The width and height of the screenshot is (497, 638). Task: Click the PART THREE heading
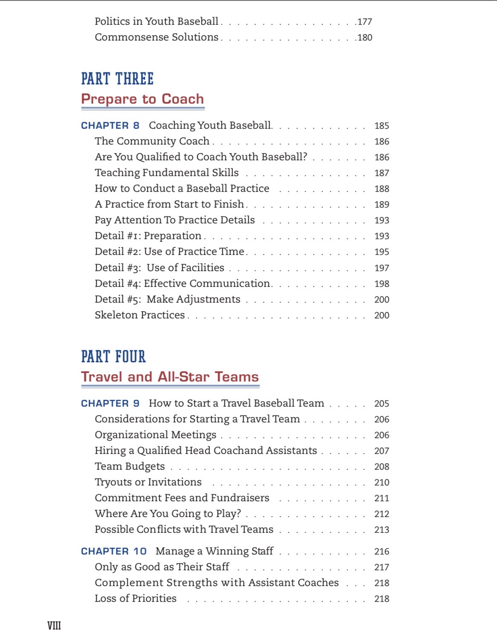click(117, 79)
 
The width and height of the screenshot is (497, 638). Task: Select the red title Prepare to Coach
click(142, 99)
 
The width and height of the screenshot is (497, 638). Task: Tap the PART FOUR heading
click(113, 357)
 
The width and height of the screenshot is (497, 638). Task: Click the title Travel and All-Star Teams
click(170, 377)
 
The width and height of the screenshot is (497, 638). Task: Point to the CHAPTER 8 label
click(110, 125)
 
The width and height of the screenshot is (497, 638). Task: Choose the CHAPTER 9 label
click(110, 403)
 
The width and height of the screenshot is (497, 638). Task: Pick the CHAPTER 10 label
click(114, 551)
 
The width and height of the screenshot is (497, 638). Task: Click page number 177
click(365, 22)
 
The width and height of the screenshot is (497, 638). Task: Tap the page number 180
click(365, 38)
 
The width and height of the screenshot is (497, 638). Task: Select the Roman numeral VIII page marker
click(54, 626)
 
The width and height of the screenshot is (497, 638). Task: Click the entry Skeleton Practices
click(140, 315)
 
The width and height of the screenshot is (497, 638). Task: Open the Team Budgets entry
click(129, 466)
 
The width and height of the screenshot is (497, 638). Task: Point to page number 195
click(382, 252)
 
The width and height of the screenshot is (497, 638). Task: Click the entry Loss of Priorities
click(135, 598)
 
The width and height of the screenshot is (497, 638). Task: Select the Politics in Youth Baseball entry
click(156, 21)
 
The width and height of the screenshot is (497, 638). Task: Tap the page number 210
click(382, 482)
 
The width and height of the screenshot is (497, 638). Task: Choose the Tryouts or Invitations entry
click(148, 482)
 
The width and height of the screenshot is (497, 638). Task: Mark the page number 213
click(382, 530)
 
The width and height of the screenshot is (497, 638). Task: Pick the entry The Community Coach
click(152, 141)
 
